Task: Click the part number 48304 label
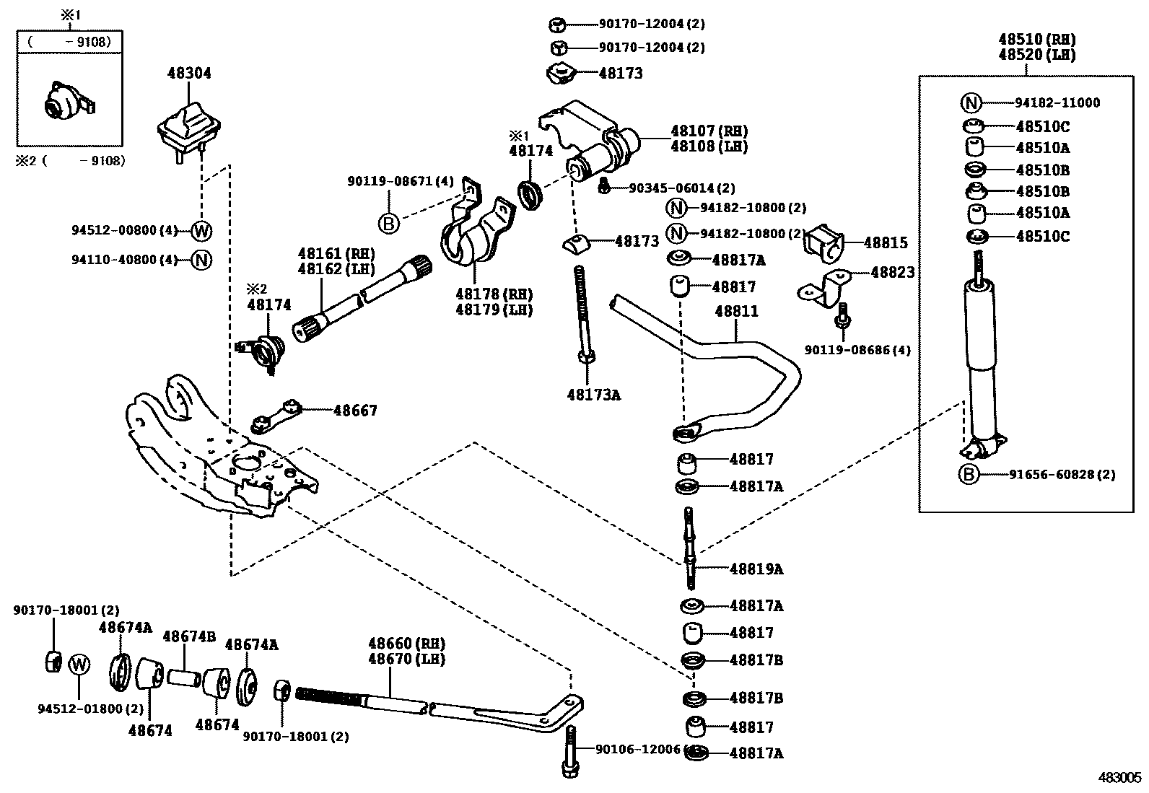click(x=189, y=73)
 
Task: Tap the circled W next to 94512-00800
click(x=202, y=231)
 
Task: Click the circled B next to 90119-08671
click(x=388, y=224)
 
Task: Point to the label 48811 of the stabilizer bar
click(x=736, y=312)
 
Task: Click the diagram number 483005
click(x=1120, y=777)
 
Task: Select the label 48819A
click(x=756, y=569)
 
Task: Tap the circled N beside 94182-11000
click(x=971, y=102)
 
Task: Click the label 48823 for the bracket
click(x=892, y=272)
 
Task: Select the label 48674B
click(x=189, y=636)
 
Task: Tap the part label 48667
click(x=355, y=410)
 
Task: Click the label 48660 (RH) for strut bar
click(x=406, y=643)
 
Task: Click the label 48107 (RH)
click(x=709, y=131)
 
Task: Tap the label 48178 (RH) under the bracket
click(x=494, y=294)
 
